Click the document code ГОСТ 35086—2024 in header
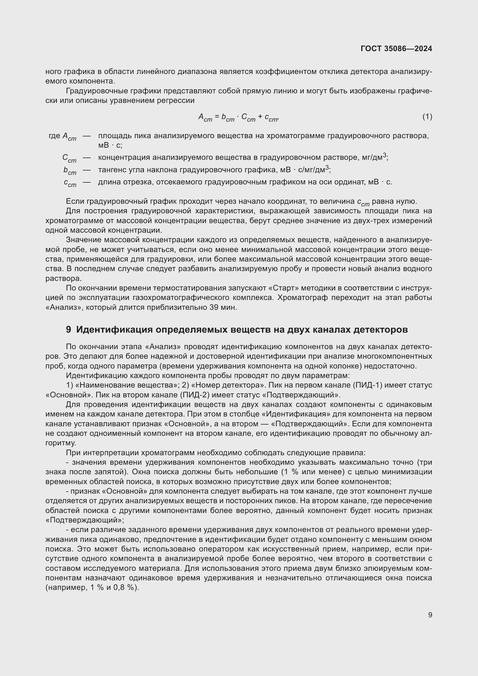(396, 49)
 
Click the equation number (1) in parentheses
(427, 116)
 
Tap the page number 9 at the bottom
(430, 615)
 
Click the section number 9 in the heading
(68, 330)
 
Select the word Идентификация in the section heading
(114, 330)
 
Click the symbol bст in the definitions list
(70, 171)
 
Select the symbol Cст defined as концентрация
(69, 158)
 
